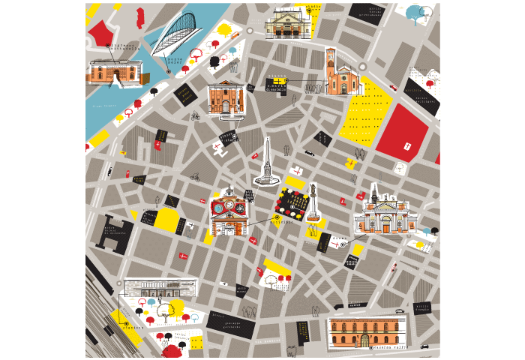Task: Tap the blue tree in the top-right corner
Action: click(413, 13)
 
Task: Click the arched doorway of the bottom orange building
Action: click(364, 340)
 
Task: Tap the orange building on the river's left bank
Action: click(114, 71)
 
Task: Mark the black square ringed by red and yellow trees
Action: click(293, 202)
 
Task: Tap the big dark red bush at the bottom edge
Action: click(172, 352)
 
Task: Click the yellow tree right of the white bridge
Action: click(223, 30)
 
